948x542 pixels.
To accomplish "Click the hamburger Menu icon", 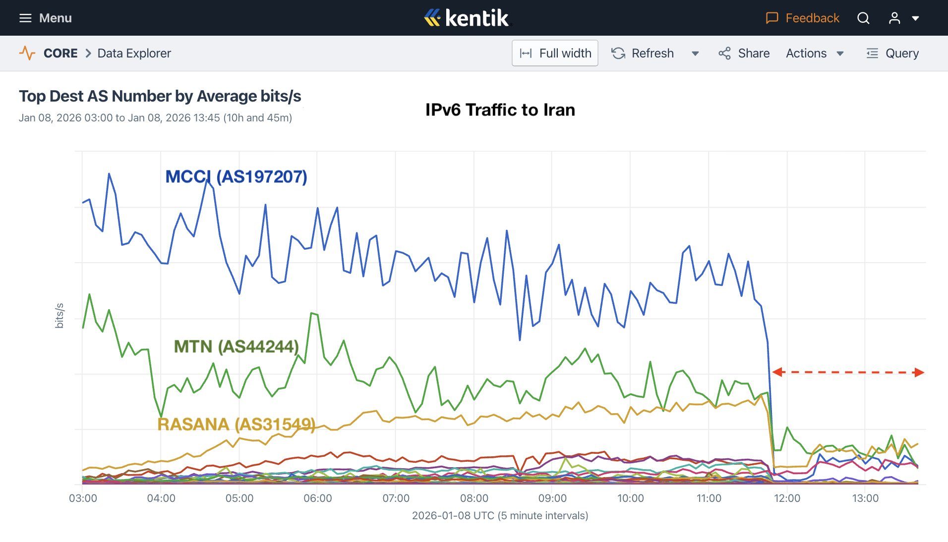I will [x=25, y=18].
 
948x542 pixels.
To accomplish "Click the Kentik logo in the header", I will [x=467, y=18].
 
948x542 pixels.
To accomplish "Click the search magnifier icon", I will [x=863, y=18].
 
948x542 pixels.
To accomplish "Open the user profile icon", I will [x=894, y=18].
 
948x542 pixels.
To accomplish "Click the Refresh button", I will [x=643, y=53].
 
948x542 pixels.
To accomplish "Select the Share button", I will [x=744, y=53].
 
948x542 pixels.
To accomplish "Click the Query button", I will [x=892, y=53].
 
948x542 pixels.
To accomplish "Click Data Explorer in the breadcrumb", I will [x=134, y=53].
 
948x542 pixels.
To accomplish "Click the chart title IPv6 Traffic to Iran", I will [x=500, y=109].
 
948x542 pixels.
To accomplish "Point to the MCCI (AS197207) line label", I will [x=236, y=176].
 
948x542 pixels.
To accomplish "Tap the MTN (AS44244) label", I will [x=236, y=346].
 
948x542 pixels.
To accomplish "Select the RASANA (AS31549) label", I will [x=236, y=424].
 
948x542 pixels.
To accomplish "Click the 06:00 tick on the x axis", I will [x=318, y=498].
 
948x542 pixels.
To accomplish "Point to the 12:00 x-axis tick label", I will [x=787, y=498].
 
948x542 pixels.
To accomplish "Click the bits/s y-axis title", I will [x=59, y=316].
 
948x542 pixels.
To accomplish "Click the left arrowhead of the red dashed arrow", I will [x=776, y=372].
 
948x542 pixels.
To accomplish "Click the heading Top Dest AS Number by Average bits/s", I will [x=160, y=96].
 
